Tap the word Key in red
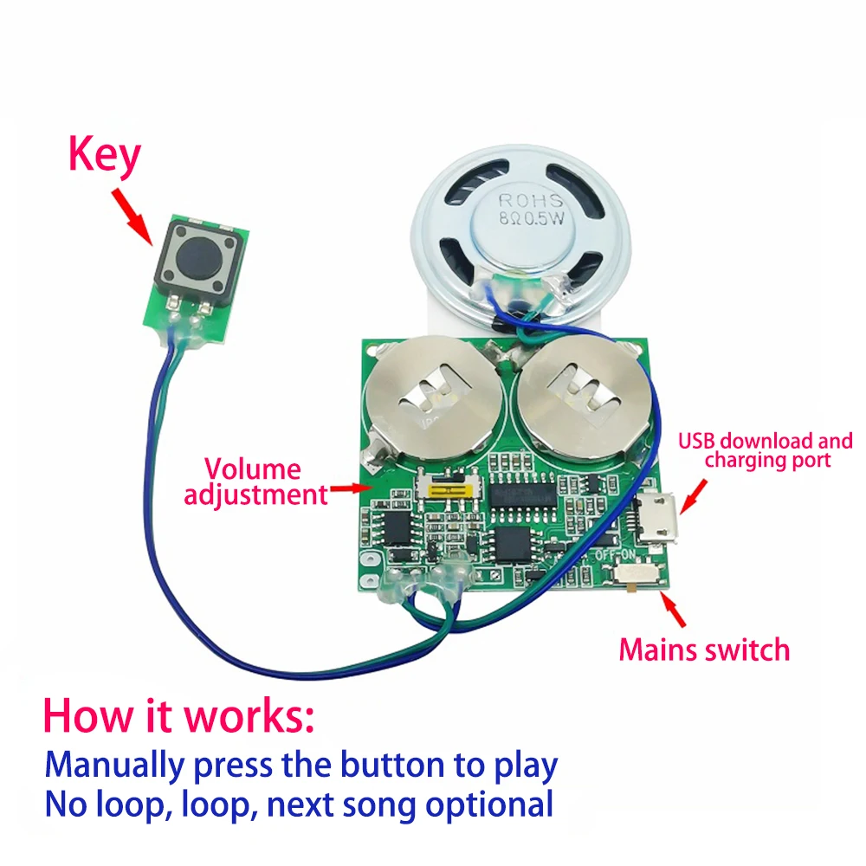[104, 158]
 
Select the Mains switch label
[703, 649]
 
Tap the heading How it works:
[179, 718]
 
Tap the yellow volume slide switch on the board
[449, 490]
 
